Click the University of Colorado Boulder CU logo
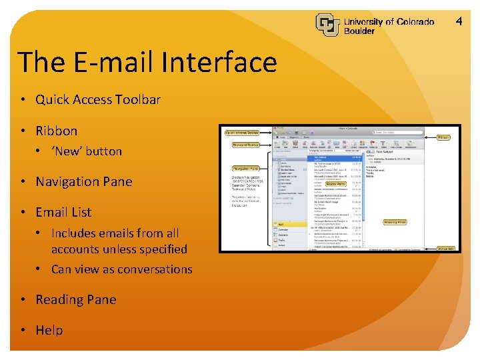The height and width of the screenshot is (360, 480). [x=328, y=25]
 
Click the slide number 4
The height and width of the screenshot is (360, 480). [x=459, y=22]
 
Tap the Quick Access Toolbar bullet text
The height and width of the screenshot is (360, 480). [x=97, y=100]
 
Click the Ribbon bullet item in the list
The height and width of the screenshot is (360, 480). [x=56, y=131]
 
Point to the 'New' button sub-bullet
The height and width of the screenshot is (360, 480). [x=87, y=151]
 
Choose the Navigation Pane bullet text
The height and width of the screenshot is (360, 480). [x=83, y=181]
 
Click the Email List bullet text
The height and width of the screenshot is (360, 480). [x=63, y=212]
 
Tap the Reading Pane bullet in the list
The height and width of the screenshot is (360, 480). [x=75, y=299]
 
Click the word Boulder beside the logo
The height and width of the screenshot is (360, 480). [x=359, y=31]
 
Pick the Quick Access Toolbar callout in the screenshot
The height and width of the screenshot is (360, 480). [x=242, y=133]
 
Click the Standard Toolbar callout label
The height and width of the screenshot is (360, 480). [x=245, y=145]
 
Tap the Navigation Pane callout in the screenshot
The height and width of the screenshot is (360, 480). [x=245, y=169]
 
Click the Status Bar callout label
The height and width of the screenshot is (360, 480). [x=445, y=248]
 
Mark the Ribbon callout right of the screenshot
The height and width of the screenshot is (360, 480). [x=443, y=138]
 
